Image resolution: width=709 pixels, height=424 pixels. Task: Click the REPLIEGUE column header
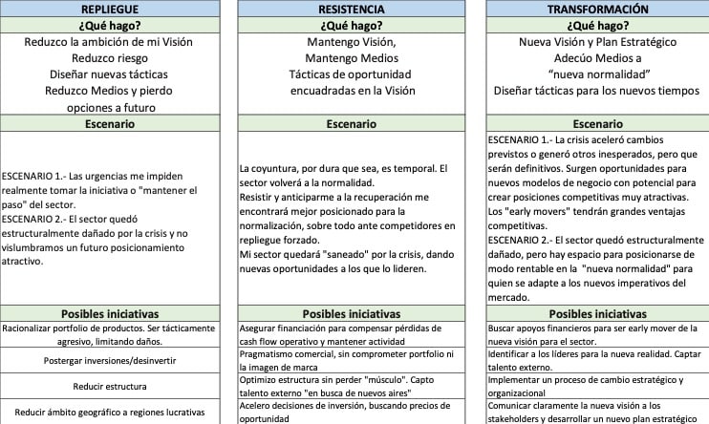(x=114, y=9)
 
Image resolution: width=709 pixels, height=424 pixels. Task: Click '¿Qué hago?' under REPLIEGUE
(x=114, y=25)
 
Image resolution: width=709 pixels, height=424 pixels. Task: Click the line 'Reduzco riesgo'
(x=114, y=58)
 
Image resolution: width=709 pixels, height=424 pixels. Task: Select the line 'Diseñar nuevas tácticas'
(x=114, y=74)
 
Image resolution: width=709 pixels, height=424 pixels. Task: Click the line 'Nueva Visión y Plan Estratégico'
(x=598, y=42)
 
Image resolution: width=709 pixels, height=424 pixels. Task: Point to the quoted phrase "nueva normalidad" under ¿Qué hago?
(x=598, y=74)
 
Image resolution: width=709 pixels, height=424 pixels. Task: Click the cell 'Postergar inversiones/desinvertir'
(x=114, y=361)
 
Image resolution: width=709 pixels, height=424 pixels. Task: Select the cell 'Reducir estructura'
(x=114, y=387)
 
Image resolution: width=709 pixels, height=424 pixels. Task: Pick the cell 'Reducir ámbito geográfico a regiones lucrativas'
(x=114, y=413)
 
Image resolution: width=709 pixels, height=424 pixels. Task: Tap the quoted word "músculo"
(x=412, y=379)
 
